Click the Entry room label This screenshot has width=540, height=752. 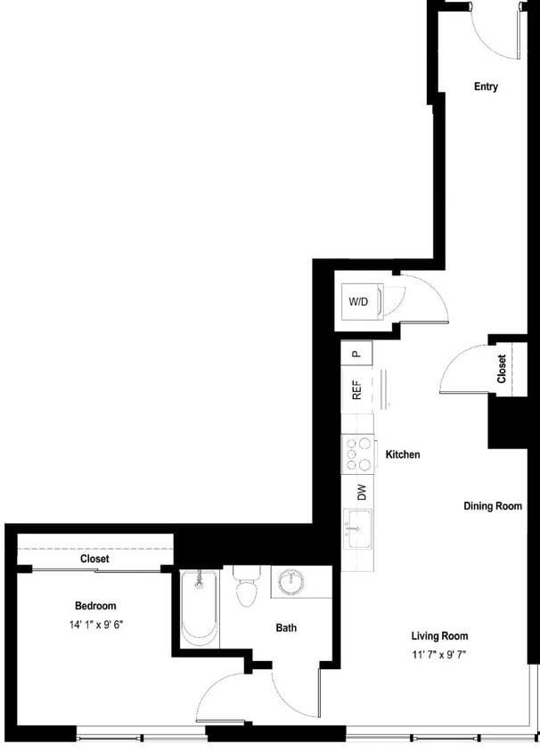click(486, 86)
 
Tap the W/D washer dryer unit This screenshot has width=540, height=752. click(359, 302)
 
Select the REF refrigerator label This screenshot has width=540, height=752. click(356, 391)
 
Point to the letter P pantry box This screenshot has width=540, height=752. click(356, 352)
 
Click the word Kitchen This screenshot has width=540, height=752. click(402, 454)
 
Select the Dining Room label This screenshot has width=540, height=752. click(492, 506)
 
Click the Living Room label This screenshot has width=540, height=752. click(439, 636)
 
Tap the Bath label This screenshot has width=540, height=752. click(286, 628)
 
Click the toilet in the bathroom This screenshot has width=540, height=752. click(245, 588)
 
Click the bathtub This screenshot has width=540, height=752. click(199, 610)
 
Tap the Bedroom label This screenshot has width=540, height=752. click(95, 606)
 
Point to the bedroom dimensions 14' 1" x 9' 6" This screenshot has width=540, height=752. click(95, 625)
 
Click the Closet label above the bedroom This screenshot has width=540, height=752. click(94, 559)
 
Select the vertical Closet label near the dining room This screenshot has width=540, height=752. click(502, 369)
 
